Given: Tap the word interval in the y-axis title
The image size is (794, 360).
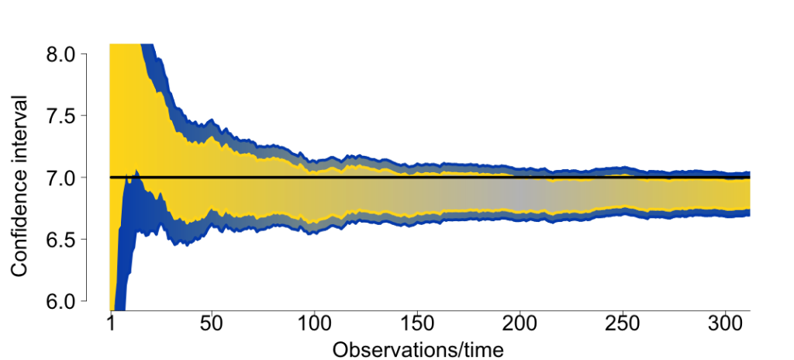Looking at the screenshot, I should [x=21, y=129].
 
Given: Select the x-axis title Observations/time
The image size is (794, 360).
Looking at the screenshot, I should [x=419, y=348].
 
